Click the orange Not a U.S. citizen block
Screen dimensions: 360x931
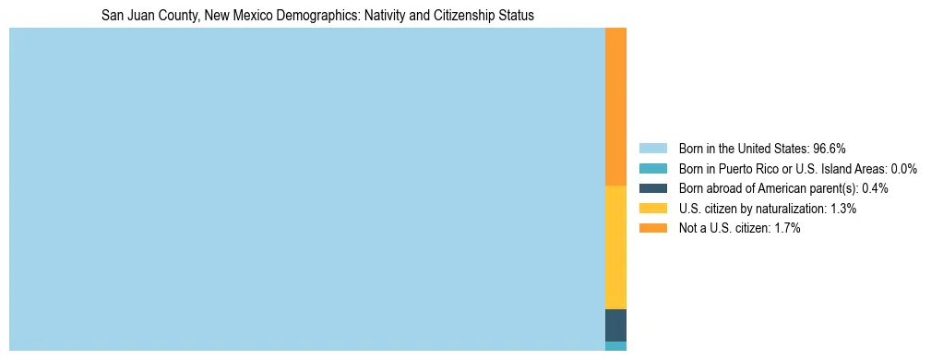click(x=615, y=106)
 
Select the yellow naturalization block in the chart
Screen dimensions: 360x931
click(x=615, y=247)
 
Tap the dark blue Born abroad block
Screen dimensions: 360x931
click(x=615, y=325)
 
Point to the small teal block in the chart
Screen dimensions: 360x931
click(x=615, y=346)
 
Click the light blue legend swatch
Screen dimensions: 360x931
click(x=652, y=148)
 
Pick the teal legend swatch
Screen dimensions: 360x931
click(x=652, y=168)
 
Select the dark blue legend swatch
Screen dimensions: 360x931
click(x=652, y=188)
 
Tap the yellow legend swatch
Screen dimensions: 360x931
click(x=652, y=209)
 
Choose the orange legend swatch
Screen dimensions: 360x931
click(x=652, y=228)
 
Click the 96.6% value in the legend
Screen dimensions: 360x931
click(x=830, y=148)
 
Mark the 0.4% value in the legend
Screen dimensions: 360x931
click(x=875, y=188)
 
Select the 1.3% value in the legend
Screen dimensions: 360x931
click(x=842, y=209)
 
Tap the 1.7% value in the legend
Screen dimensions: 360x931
click(x=786, y=228)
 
